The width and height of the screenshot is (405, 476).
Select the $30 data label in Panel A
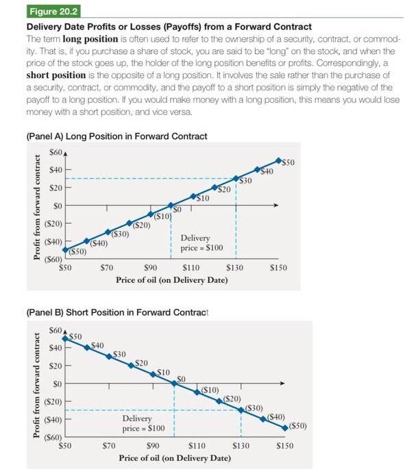click(245, 180)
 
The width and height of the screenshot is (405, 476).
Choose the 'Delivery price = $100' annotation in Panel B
click(143, 423)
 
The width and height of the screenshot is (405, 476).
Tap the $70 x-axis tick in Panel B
click(107, 445)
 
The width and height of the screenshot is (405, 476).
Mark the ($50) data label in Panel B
click(298, 426)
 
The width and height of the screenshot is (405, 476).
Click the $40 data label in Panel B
click(97, 345)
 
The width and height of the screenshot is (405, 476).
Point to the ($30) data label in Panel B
click(254, 408)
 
